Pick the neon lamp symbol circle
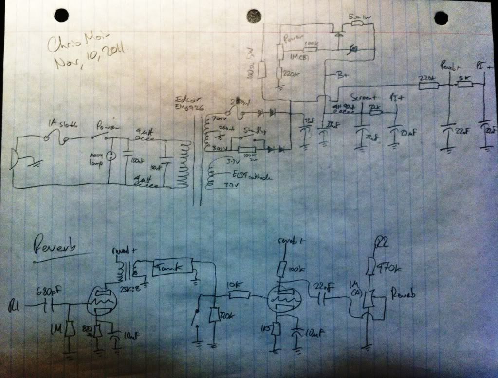point(111,156)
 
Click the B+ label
point(342,76)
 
